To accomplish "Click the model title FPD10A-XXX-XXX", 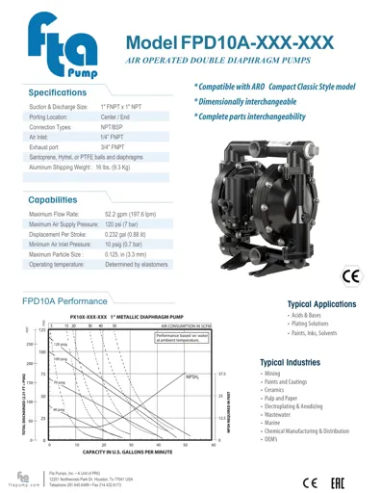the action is click(230, 42).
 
